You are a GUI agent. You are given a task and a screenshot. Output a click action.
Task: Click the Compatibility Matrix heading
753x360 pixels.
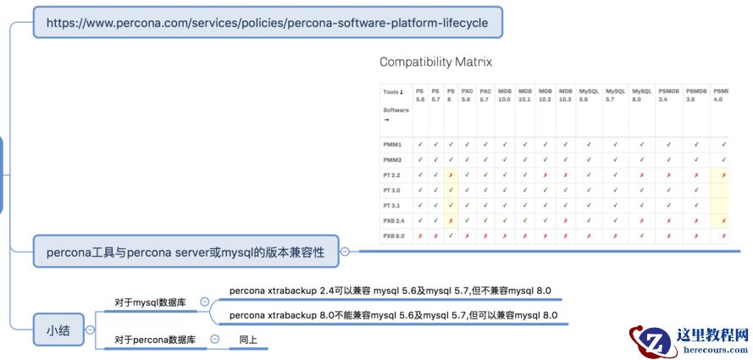pos(435,62)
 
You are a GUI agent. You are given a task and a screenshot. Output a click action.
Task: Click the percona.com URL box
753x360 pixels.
pos(268,22)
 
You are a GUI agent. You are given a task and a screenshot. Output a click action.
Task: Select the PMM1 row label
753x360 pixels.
pos(391,144)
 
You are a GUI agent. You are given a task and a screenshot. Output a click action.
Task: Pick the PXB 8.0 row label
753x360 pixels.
pos(394,235)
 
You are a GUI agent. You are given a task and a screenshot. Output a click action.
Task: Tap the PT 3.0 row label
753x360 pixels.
pos(391,190)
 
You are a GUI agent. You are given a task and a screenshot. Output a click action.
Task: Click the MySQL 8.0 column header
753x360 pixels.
pos(642,95)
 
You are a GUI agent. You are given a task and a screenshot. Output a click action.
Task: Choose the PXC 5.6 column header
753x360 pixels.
pos(466,95)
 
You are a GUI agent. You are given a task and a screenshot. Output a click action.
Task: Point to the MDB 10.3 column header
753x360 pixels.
pos(565,95)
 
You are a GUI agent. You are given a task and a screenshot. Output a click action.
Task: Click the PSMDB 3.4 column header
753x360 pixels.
pos(668,95)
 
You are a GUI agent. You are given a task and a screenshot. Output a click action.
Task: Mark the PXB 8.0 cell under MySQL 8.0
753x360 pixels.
pos(642,235)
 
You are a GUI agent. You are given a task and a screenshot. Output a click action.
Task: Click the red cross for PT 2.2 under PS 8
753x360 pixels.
pos(451,174)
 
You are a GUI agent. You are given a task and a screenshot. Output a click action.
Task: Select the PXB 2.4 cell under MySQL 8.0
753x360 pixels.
pos(642,220)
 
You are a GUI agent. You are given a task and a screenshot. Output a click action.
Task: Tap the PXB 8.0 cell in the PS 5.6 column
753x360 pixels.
pos(420,235)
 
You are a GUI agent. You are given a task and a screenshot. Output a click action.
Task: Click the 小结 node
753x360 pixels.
pos(58,331)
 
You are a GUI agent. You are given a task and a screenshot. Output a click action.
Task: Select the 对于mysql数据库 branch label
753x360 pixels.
pos(153,302)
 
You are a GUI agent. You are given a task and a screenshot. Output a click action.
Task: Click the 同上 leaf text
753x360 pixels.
pos(248,340)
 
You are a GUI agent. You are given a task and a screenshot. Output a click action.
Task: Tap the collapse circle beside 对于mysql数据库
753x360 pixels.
pos(204,302)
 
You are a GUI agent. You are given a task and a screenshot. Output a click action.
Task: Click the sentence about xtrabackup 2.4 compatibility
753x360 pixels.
pos(390,291)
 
